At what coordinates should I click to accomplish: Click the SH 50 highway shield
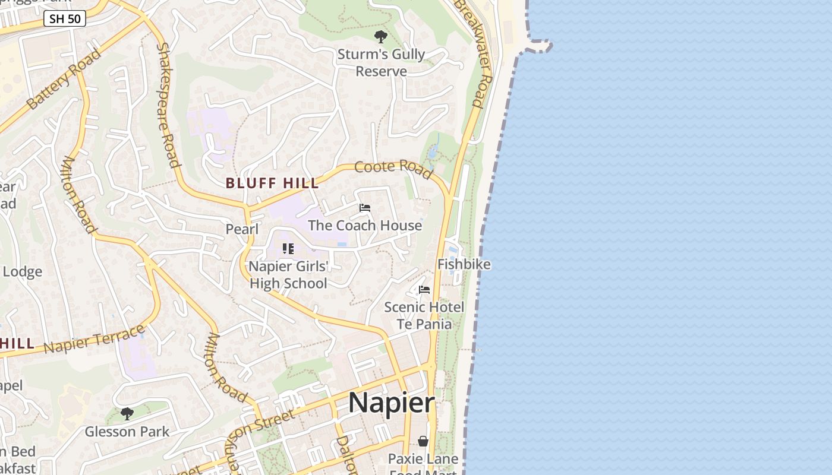pyautogui.click(x=65, y=19)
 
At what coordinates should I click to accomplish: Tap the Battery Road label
pyautogui.click(x=64, y=79)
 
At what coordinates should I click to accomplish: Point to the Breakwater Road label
pyautogui.click(x=474, y=53)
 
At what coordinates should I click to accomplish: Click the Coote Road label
pyautogui.click(x=393, y=169)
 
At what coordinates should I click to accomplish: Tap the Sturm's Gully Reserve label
pyautogui.click(x=381, y=63)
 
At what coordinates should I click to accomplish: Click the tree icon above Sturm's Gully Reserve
pyautogui.click(x=380, y=37)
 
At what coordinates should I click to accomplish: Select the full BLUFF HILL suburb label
pyautogui.click(x=272, y=183)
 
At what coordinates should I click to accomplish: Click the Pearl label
pyautogui.click(x=242, y=229)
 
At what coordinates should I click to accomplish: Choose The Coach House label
pyautogui.click(x=365, y=226)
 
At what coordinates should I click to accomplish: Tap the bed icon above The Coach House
pyautogui.click(x=365, y=208)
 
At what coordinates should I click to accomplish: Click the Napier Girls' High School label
pyautogui.click(x=288, y=275)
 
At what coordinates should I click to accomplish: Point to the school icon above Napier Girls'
pyautogui.click(x=288, y=249)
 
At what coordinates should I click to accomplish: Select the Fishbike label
pyautogui.click(x=464, y=264)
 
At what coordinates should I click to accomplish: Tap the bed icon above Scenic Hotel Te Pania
pyautogui.click(x=424, y=290)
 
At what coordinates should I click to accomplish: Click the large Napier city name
pyautogui.click(x=392, y=403)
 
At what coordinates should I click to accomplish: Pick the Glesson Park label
pyautogui.click(x=127, y=432)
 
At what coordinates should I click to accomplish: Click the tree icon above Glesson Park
pyautogui.click(x=127, y=413)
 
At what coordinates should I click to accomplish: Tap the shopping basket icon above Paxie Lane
pyautogui.click(x=423, y=441)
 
